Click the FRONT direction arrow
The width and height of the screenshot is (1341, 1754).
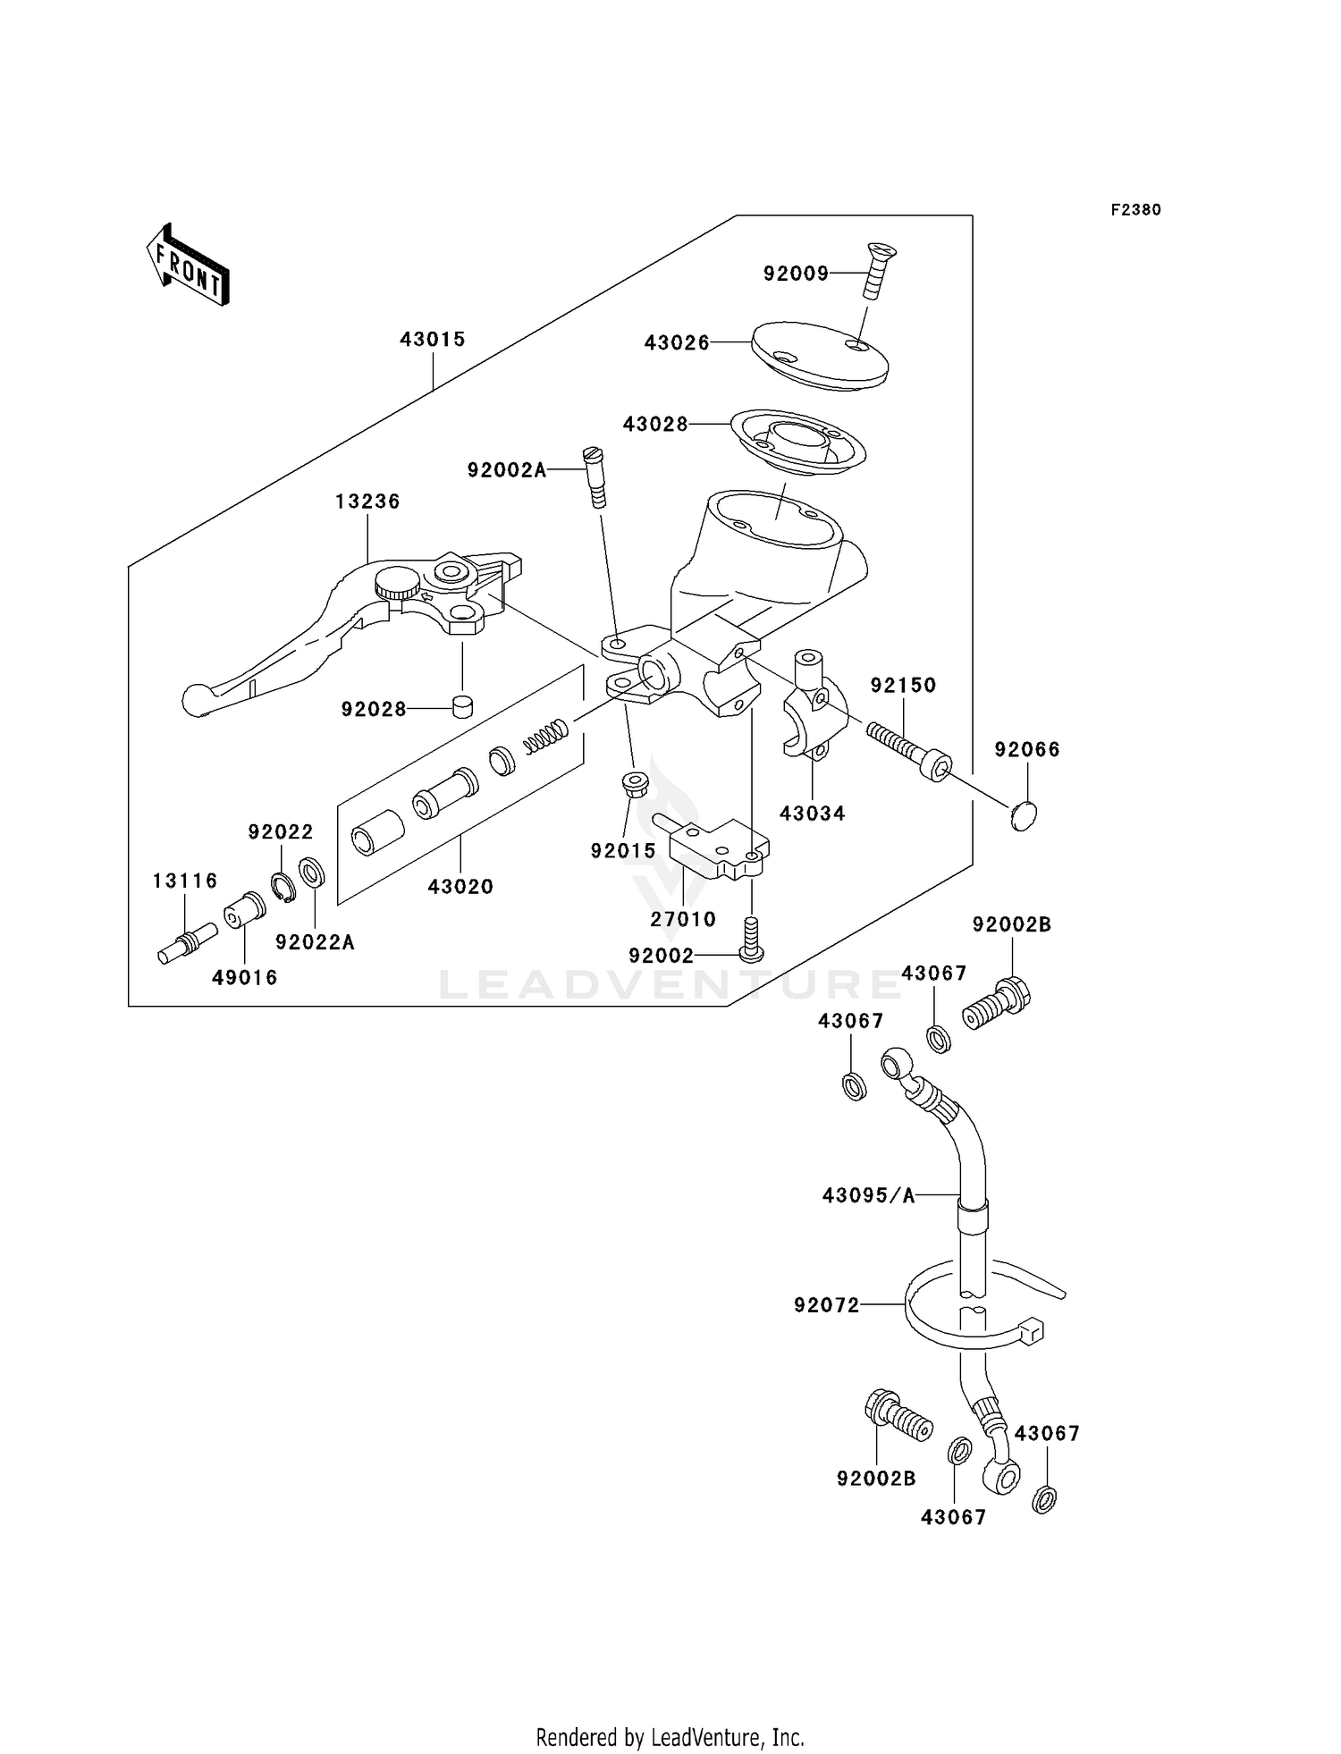189,265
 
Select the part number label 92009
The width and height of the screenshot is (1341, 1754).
796,274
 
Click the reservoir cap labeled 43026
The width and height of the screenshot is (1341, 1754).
819,355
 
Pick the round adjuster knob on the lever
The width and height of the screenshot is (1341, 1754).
397,584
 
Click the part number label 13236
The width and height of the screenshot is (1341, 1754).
367,502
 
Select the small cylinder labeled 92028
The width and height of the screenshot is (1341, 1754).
462,706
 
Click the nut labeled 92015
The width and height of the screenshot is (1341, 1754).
634,785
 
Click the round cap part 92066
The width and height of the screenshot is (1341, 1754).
1024,816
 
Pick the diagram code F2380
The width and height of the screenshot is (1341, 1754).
1135,210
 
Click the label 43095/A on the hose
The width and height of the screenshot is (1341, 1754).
869,1195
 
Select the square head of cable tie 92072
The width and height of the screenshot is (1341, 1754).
1032,1330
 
